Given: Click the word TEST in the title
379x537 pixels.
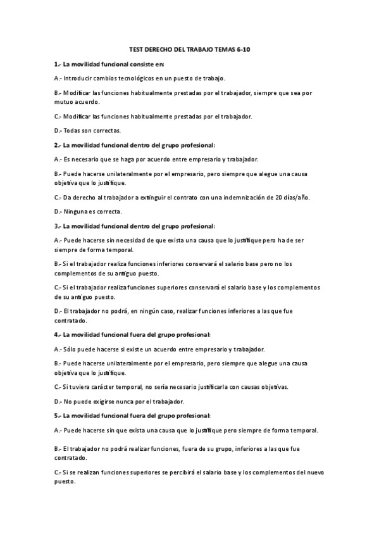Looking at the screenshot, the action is click(135, 49).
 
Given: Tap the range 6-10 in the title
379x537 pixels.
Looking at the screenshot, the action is click(242, 49).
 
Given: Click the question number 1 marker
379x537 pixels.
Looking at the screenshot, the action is click(57, 64).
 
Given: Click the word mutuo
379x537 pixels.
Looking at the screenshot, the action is click(63, 101).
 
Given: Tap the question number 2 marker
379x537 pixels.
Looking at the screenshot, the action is click(57, 144).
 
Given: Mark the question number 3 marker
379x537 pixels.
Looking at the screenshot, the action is click(57, 225).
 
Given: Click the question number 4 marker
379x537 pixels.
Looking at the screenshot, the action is click(57, 334).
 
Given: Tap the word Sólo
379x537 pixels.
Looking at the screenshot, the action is click(70, 349).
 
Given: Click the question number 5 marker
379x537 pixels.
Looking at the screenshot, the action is click(57, 415).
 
